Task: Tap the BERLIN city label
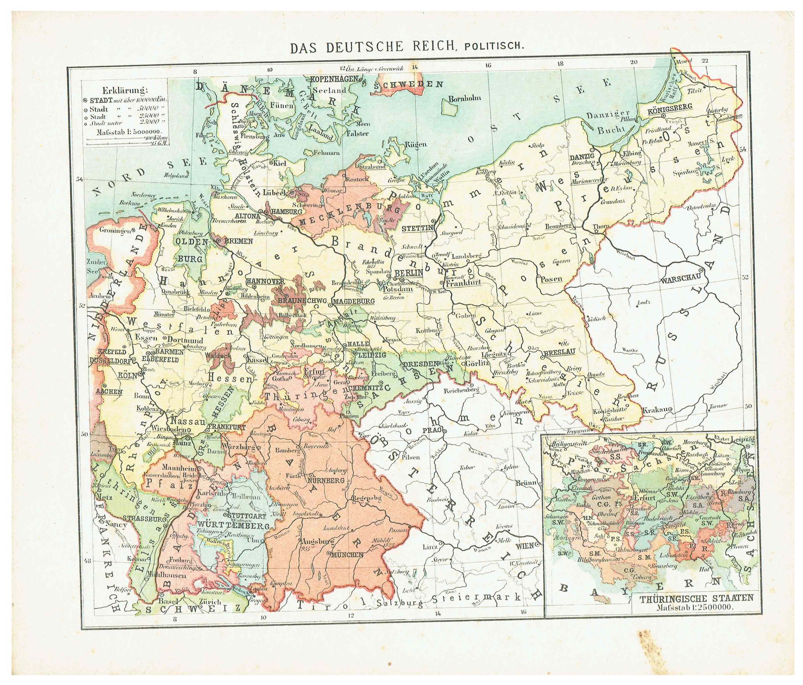pyautogui.click(x=409, y=272)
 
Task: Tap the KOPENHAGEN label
pyautogui.click(x=333, y=79)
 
